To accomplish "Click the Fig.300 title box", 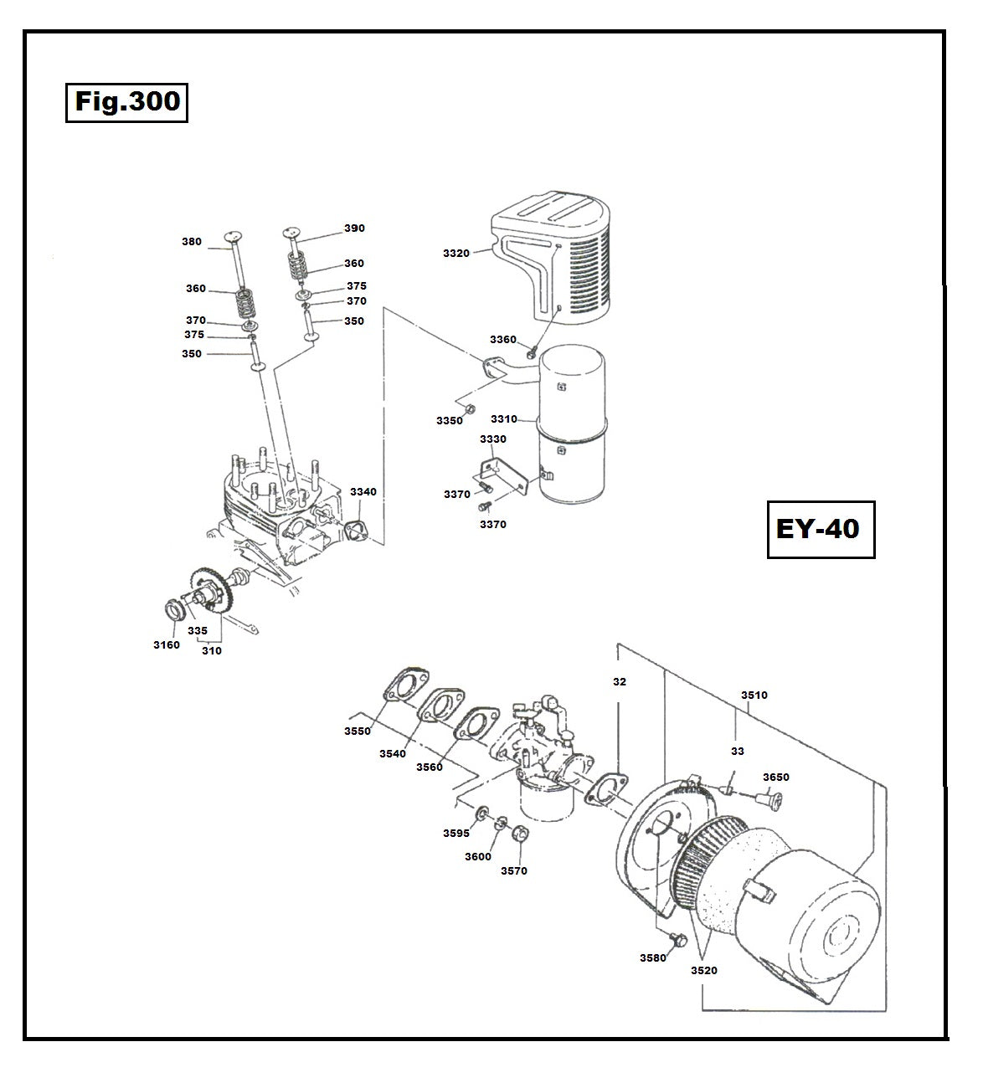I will (x=126, y=102).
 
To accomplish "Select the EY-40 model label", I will (x=820, y=529).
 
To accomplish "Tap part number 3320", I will (x=456, y=253).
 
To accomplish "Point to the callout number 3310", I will (x=504, y=418).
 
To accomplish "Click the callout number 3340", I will (x=363, y=492).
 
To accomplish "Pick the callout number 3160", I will (x=166, y=644).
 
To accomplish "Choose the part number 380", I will (x=192, y=242).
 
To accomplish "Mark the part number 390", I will (x=354, y=228).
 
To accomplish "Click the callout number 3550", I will (x=357, y=731).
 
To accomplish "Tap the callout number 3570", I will (x=513, y=870).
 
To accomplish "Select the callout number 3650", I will (x=775, y=778).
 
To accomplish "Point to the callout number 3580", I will (x=652, y=957).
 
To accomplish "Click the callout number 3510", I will (x=754, y=695).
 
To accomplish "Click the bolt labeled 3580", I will (x=677, y=941).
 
